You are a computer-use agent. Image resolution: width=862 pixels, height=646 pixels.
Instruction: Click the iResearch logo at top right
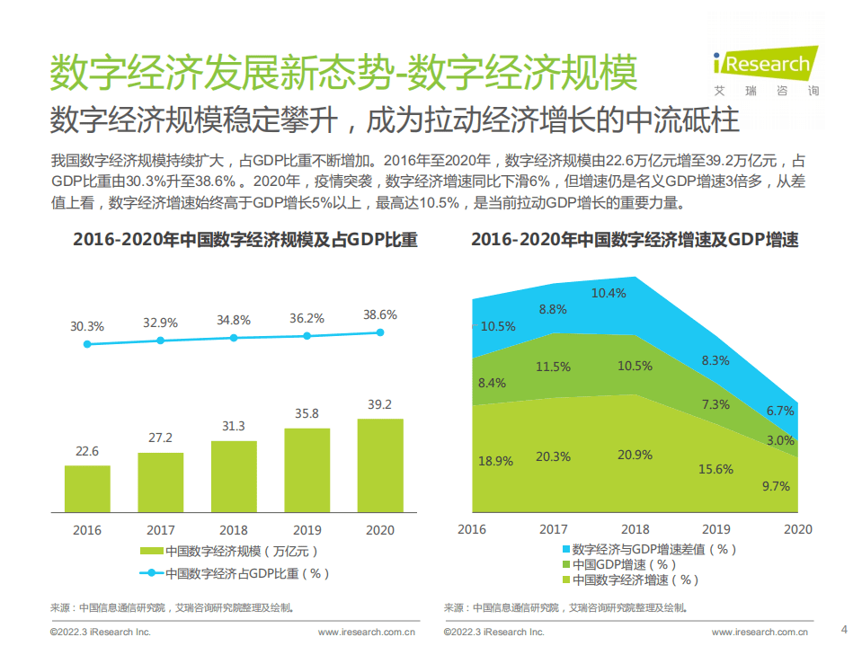(x=763, y=68)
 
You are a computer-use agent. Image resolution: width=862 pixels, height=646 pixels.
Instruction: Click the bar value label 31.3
(x=234, y=426)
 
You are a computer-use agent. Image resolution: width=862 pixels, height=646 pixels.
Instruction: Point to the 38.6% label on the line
(x=379, y=315)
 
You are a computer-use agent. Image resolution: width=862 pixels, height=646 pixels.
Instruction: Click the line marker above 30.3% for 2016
(x=87, y=344)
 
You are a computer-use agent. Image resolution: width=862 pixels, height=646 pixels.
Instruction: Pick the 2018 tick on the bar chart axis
(x=234, y=529)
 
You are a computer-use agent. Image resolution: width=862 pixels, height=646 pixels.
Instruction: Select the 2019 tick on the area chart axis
(x=715, y=529)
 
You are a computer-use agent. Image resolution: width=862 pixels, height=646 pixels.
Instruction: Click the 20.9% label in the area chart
(x=635, y=455)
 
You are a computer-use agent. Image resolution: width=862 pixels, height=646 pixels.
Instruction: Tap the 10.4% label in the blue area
(x=609, y=293)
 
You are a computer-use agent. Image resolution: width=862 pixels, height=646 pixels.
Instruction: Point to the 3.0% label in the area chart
(x=779, y=440)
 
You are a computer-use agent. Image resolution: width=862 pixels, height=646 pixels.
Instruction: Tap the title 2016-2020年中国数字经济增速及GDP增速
(x=635, y=240)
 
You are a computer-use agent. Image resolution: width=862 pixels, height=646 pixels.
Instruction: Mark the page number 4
(x=843, y=628)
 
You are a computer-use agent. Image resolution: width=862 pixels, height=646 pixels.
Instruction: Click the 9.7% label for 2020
(x=775, y=486)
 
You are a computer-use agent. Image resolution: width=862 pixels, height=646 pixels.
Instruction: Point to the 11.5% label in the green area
(x=553, y=367)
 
